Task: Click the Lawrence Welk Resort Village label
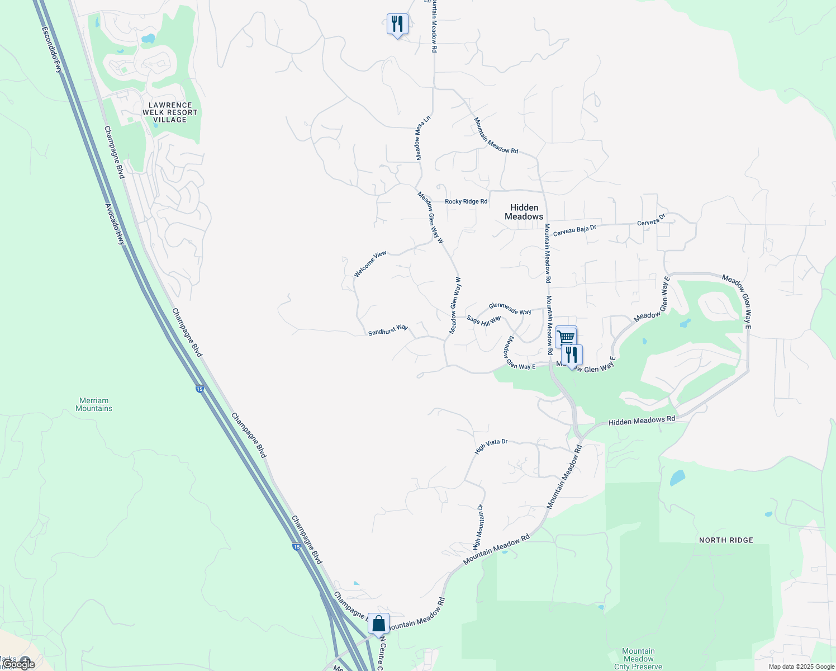pos(170,112)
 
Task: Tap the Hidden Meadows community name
pos(524,212)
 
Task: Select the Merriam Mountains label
pos(94,404)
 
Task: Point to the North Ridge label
pos(726,540)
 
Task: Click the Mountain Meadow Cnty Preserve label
pos(638,659)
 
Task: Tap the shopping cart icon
pos(566,337)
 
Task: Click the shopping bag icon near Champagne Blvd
pos(378,623)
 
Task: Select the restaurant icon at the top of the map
pos(397,24)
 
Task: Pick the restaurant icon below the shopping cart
pos(572,355)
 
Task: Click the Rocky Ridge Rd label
pos(466,201)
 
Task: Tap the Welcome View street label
pos(370,264)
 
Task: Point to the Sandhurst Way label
pos(388,330)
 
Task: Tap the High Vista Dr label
pos(491,446)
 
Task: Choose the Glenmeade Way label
pos(510,309)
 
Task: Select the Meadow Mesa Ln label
pos(423,138)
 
